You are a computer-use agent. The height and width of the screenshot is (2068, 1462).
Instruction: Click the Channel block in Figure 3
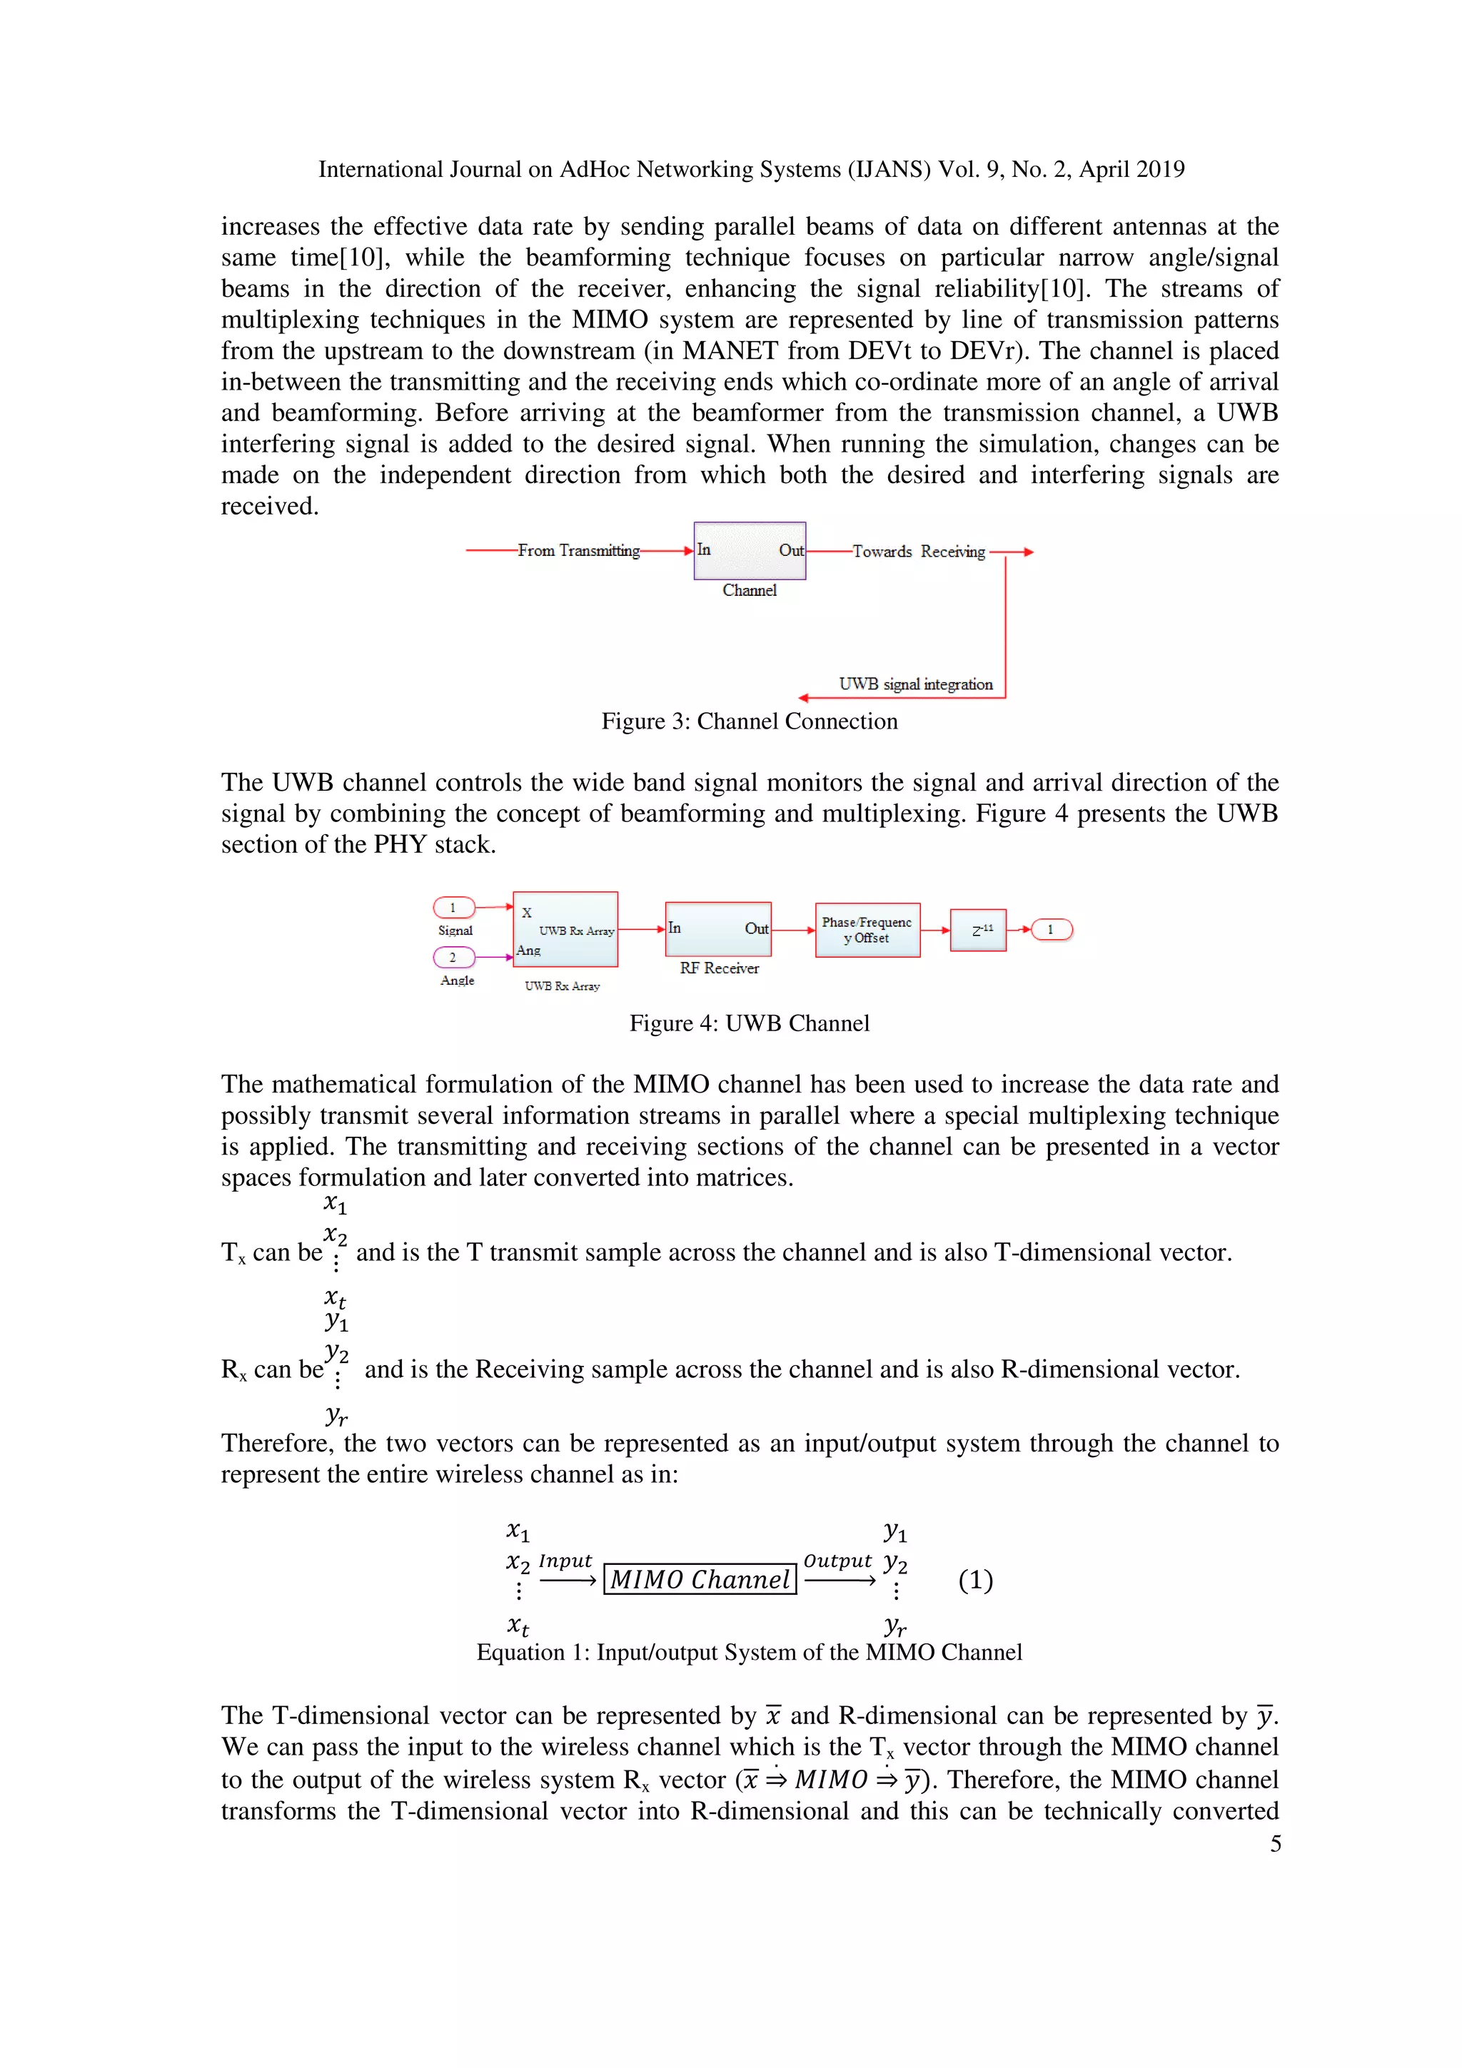coord(749,550)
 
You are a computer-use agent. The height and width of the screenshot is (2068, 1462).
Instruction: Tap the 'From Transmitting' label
coord(578,550)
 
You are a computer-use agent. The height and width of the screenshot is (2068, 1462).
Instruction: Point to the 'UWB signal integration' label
coord(915,684)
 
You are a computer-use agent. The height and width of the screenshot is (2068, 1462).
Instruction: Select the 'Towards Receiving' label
coord(918,551)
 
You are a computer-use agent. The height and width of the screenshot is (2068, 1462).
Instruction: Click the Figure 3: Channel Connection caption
coord(749,721)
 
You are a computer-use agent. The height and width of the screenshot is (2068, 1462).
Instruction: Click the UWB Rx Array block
coord(565,928)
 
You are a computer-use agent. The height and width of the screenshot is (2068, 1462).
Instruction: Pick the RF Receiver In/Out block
coord(718,928)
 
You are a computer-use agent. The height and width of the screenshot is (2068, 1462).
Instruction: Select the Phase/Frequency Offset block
coord(867,930)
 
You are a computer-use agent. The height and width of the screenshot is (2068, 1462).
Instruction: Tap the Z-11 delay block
coord(977,930)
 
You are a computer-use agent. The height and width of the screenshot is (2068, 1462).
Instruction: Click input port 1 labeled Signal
coord(453,907)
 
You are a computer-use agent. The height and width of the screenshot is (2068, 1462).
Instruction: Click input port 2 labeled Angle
coord(453,956)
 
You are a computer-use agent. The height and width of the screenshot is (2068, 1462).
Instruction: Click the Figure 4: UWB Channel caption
coord(749,1023)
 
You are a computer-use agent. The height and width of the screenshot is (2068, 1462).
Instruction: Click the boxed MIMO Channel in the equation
coord(700,1580)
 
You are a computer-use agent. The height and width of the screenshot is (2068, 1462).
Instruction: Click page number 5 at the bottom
coord(1275,1844)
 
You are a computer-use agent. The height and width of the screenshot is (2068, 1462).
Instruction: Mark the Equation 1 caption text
coord(749,1653)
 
